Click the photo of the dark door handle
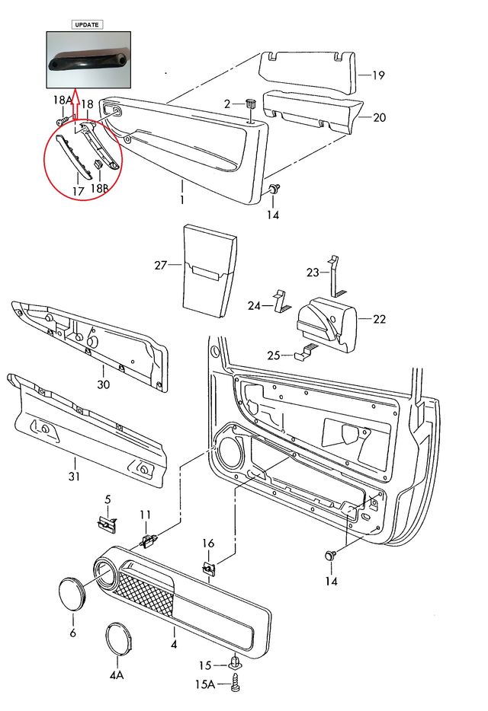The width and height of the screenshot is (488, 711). point(88,60)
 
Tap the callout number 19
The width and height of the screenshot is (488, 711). point(379,75)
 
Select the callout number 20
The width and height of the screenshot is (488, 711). point(379,117)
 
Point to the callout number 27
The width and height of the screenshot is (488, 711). point(160,266)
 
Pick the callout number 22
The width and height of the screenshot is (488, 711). point(379,319)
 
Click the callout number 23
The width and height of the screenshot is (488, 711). point(313,272)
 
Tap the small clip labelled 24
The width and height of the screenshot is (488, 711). point(281,301)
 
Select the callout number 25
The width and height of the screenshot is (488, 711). point(273,355)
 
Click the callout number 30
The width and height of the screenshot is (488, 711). point(103,384)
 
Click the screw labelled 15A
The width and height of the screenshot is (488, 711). point(236,684)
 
